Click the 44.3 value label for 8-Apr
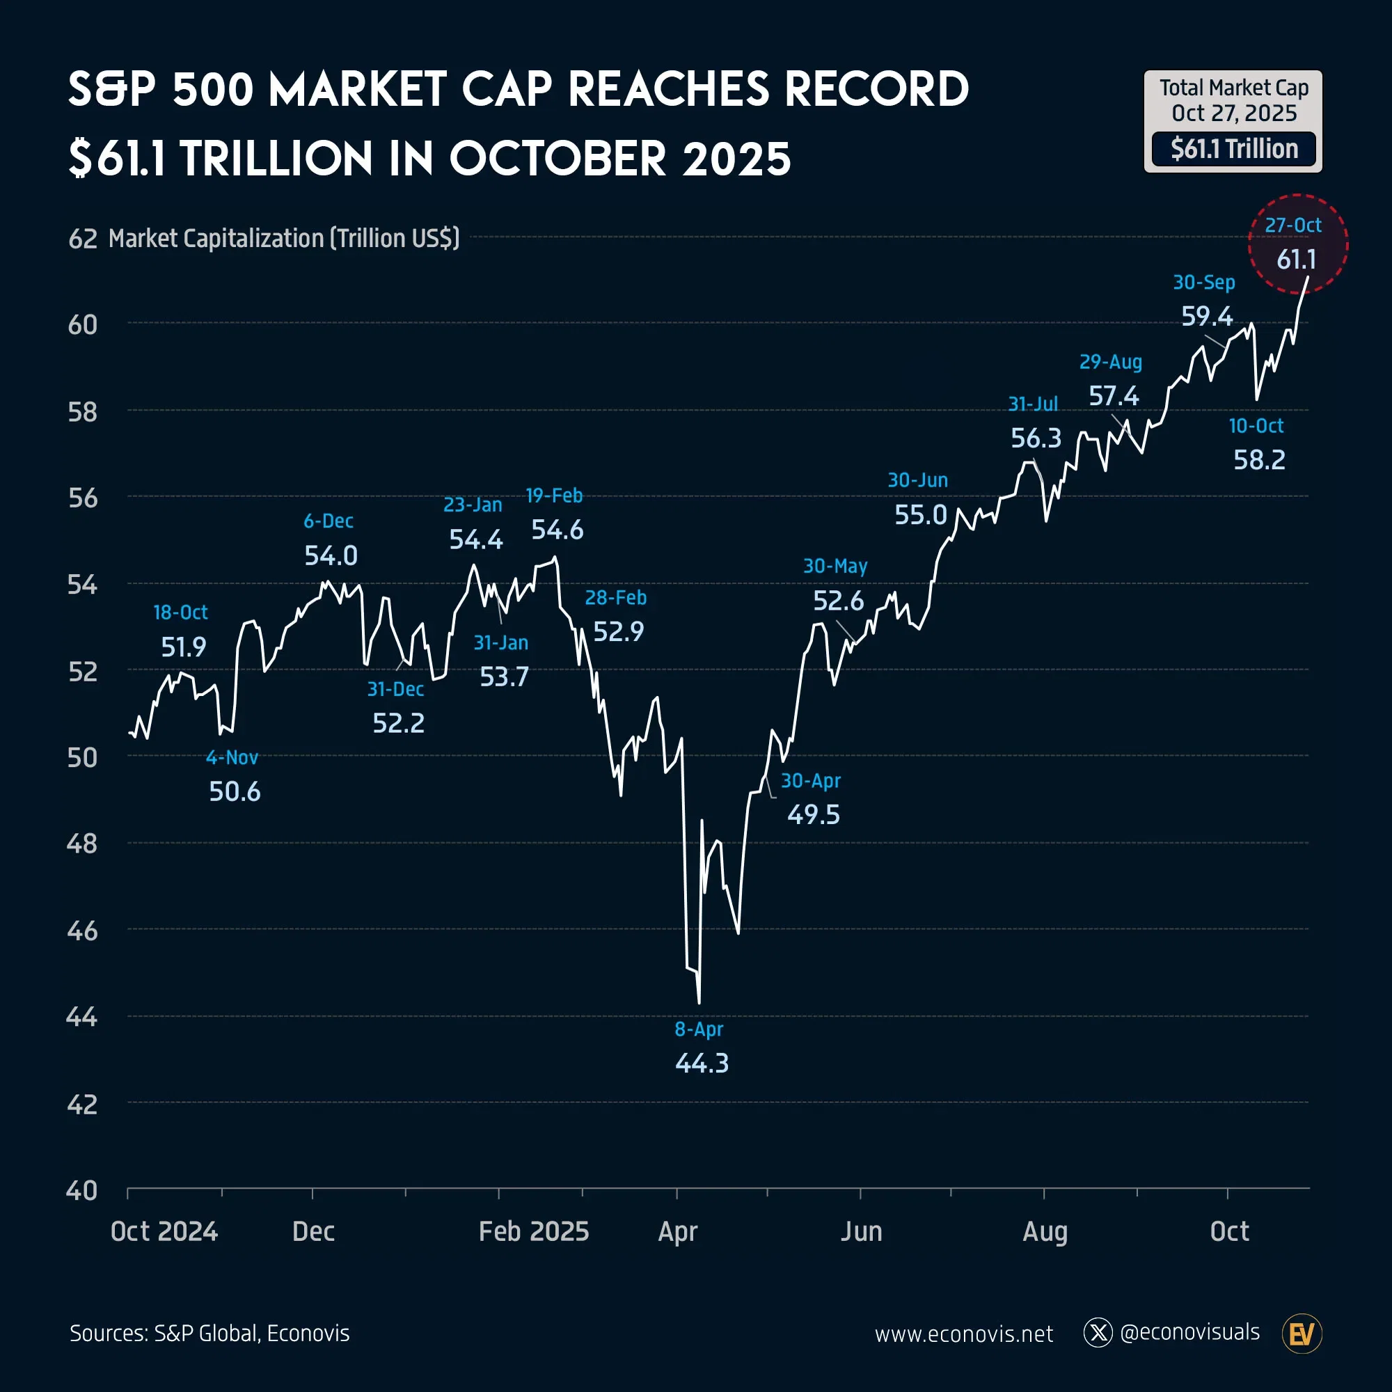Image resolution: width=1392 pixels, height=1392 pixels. (x=702, y=1063)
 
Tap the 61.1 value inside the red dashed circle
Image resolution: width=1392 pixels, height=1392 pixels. (x=1296, y=260)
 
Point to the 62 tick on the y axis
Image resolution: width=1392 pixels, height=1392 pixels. (x=82, y=239)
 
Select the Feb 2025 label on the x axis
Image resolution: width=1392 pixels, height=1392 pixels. (x=534, y=1231)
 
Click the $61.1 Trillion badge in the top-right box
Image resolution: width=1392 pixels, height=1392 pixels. (x=1233, y=149)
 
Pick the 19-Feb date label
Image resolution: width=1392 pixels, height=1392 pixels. (x=553, y=496)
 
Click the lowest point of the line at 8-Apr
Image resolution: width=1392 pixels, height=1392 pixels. (x=699, y=1002)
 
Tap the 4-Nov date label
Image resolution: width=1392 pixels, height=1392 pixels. (x=231, y=757)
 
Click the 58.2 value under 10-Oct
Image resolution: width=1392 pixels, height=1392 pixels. (x=1258, y=459)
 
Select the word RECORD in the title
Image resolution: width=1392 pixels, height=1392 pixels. (x=876, y=90)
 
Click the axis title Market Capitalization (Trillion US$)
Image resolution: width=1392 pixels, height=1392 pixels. (x=284, y=239)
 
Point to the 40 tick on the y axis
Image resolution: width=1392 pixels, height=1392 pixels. (x=81, y=1191)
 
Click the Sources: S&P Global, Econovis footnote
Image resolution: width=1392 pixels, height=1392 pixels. (x=209, y=1334)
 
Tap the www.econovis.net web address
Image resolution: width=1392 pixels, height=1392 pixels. (x=963, y=1334)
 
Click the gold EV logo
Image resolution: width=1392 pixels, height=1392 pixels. (x=1302, y=1334)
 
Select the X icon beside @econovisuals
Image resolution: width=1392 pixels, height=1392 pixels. (x=1098, y=1333)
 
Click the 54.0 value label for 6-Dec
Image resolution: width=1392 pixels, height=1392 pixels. (x=331, y=555)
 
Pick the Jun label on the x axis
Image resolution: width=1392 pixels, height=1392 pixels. (x=861, y=1231)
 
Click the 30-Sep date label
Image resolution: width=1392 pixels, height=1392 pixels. (x=1203, y=283)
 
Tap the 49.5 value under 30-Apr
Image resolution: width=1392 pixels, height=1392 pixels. (x=813, y=815)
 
